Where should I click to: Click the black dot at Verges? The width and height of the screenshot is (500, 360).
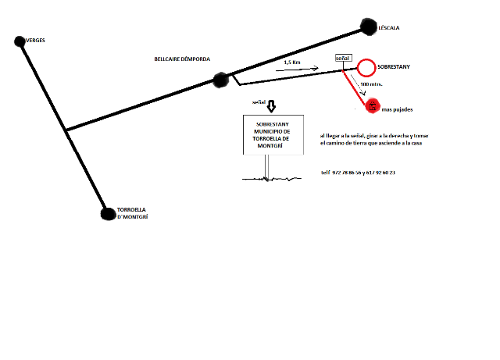click(21, 40)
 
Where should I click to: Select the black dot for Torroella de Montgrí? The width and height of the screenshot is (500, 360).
click(108, 212)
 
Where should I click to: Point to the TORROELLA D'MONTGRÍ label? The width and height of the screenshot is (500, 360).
click(132, 213)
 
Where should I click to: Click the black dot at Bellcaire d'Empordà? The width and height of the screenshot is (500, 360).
click(221, 79)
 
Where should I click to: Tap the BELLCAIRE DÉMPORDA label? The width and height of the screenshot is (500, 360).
click(183, 59)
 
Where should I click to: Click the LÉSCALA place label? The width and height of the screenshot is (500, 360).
click(388, 27)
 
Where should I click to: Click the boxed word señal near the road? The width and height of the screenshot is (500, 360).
click(343, 59)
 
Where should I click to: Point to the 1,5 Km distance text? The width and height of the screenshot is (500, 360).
click(291, 62)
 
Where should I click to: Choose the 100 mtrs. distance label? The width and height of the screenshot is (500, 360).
click(371, 84)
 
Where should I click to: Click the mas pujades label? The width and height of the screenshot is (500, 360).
click(397, 108)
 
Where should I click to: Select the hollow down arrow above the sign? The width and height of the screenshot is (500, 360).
click(271, 106)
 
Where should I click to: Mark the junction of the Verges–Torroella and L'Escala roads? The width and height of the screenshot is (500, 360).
click(66, 130)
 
